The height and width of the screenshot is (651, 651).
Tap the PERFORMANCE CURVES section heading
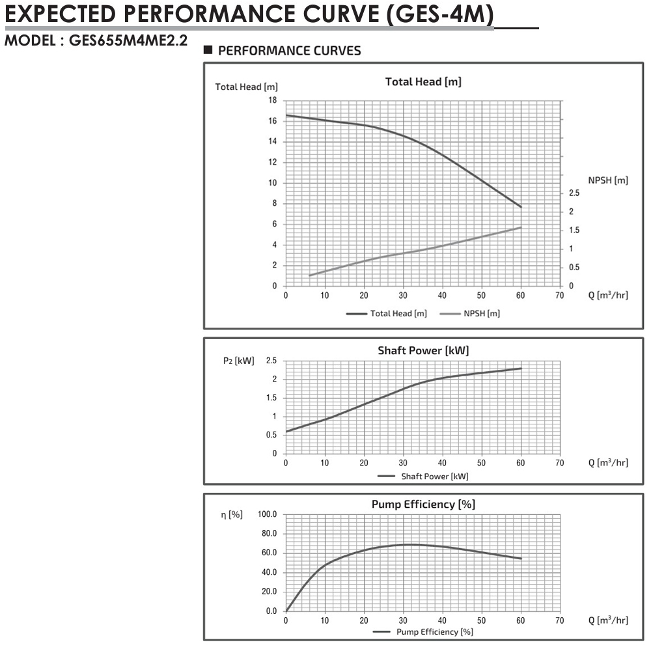pos(289,51)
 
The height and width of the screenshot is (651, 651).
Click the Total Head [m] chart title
pos(423,81)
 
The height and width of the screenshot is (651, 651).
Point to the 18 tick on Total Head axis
pos(272,100)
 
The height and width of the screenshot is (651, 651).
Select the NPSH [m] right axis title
pos(608,180)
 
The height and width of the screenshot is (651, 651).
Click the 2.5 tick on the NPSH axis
pos(573,193)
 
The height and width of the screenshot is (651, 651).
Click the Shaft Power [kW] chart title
pos(423,350)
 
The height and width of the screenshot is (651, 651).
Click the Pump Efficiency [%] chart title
pos(423,504)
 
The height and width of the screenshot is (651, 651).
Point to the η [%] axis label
pos(232,515)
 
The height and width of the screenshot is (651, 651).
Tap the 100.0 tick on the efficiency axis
pos(268,514)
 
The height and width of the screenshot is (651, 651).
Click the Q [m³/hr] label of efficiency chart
pos(608,620)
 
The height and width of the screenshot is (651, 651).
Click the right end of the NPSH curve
pos(521,227)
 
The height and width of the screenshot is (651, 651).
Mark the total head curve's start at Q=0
pos(286,115)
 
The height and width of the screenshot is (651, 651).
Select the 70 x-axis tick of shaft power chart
pos(559,463)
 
